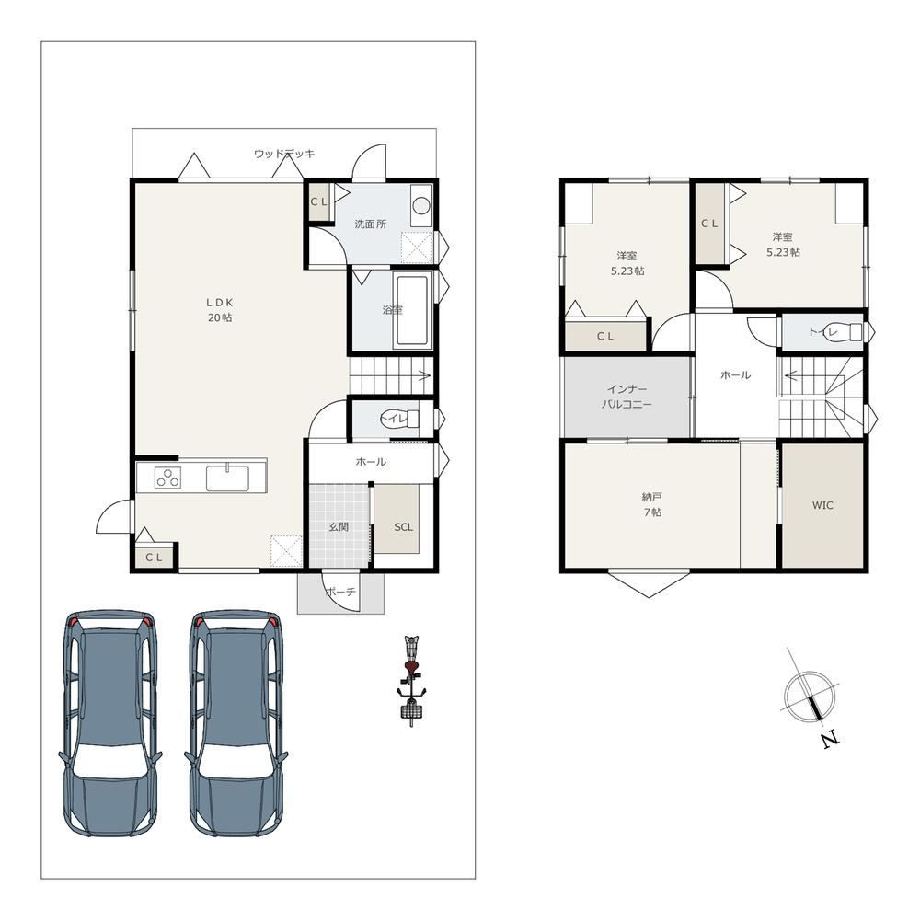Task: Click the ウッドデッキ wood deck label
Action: [284, 154]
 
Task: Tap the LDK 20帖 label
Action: [220, 310]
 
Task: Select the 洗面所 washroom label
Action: [371, 224]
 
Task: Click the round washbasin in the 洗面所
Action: [421, 205]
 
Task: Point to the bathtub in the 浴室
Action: [415, 310]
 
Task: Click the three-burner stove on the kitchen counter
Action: [168, 477]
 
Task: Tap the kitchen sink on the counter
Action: [228, 478]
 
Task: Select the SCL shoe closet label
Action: [404, 527]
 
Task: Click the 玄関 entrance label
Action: [339, 527]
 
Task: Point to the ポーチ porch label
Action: [340, 593]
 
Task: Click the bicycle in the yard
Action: [412, 681]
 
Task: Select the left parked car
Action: [109, 723]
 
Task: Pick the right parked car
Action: [236, 723]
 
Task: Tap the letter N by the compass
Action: [830, 739]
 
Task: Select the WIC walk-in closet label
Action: [822, 505]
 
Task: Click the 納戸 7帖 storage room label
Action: [652, 504]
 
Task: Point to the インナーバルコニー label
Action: [627, 397]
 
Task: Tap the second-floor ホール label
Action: [735, 374]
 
